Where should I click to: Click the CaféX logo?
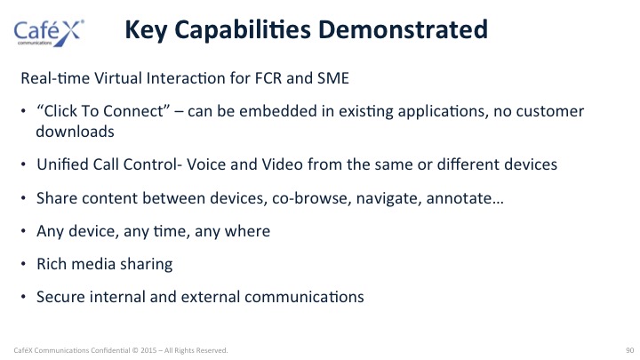click(x=49, y=33)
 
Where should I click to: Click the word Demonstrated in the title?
click(x=403, y=29)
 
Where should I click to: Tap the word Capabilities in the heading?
click(x=243, y=30)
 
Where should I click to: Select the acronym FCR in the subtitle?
click(x=268, y=78)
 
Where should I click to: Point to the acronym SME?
click(x=333, y=78)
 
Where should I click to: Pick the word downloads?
click(x=75, y=132)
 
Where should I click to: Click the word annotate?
click(x=465, y=198)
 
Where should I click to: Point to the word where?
click(x=247, y=231)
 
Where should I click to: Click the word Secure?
click(x=60, y=297)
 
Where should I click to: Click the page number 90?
click(x=630, y=350)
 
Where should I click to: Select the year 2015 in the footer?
click(x=148, y=350)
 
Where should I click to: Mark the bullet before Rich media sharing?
click(x=23, y=264)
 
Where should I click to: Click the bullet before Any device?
click(x=23, y=231)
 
